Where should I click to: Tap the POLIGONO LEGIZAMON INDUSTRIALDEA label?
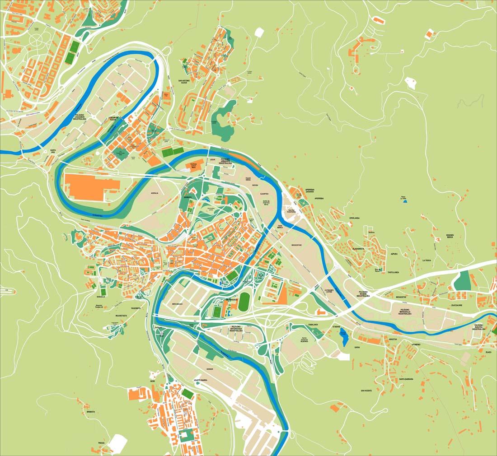click(85, 118)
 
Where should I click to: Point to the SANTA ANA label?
click(53, 151)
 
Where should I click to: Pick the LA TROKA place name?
click(426, 261)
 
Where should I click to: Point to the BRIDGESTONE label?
click(296, 245)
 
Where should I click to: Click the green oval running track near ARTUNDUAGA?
click(244, 301)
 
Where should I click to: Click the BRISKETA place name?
click(90, 412)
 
